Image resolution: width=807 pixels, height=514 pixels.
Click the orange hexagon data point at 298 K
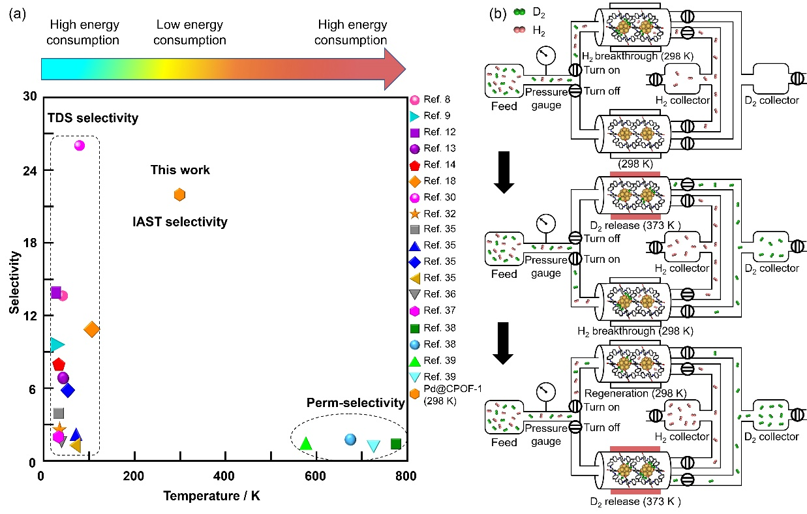180,194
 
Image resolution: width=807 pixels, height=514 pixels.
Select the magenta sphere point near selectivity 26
80,145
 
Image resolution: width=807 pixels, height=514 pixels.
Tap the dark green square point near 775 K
395,444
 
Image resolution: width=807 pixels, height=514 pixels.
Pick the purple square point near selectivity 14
55,292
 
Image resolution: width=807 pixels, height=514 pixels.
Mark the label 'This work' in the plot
180,170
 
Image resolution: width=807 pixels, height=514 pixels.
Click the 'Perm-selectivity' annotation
356,402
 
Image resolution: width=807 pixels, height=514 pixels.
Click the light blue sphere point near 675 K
350,440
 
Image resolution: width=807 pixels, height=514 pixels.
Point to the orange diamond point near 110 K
92,330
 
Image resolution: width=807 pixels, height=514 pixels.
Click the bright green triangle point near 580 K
305,444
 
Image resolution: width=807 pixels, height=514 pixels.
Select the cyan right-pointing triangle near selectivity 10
57,344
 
